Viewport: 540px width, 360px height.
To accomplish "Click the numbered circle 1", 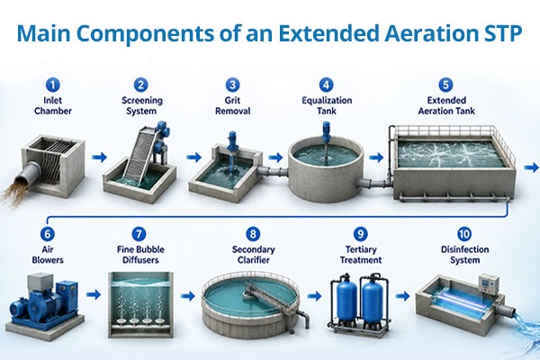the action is tap(52, 85).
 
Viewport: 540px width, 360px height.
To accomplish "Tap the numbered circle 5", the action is tap(445, 85).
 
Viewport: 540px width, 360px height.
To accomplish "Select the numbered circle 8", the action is tap(253, 234).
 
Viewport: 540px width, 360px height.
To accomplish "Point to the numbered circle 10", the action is tap(464, 234).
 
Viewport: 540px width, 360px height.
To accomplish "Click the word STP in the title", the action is tap(500, 33).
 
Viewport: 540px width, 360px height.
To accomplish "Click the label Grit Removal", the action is tap(232, 106).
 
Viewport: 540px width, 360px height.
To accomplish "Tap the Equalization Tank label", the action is tap(327, 106).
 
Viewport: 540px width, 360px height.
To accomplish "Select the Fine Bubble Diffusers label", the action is tap(140, 255).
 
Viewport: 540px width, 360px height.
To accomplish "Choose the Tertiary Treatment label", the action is tap(361, 255).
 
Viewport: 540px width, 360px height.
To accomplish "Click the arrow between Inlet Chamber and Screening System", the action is tap(99, 157).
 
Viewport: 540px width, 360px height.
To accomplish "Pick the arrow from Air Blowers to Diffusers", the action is tap(94, 294).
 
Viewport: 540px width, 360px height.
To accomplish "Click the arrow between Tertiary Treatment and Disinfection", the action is tap(402, 295).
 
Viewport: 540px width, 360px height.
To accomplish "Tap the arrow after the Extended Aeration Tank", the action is tap(532, 167).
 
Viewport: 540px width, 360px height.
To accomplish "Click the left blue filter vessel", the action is tap(346, 299).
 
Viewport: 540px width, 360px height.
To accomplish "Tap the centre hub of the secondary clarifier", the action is tap(247, 293).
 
